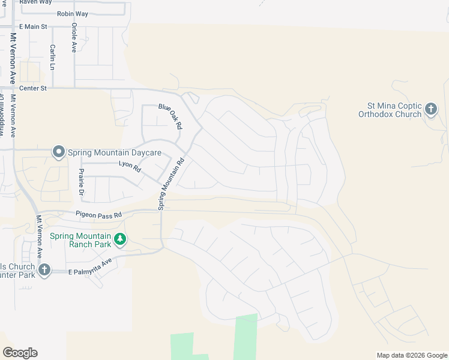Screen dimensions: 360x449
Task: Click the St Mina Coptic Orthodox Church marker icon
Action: coord(430,109)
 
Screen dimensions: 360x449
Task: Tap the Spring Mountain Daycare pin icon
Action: coord(58,152)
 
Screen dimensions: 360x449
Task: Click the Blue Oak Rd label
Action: coord(170,116)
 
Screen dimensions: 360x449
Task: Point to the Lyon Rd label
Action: coord(129,167)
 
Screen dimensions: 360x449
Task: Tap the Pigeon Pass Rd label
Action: coord(98,214)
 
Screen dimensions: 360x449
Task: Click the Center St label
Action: coord(32,88)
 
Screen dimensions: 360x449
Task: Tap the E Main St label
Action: coord(33,26)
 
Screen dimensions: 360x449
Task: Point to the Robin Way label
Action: coord(72,14)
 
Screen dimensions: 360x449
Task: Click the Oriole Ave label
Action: coord(74,38)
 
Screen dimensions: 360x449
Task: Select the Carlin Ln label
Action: coord(53,56)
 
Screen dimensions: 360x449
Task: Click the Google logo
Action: coord(20,353)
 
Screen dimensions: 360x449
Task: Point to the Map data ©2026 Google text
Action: coord(412,355)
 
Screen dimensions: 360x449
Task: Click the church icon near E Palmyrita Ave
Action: coord(44,270)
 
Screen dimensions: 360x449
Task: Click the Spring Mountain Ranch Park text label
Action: coord(81,240)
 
